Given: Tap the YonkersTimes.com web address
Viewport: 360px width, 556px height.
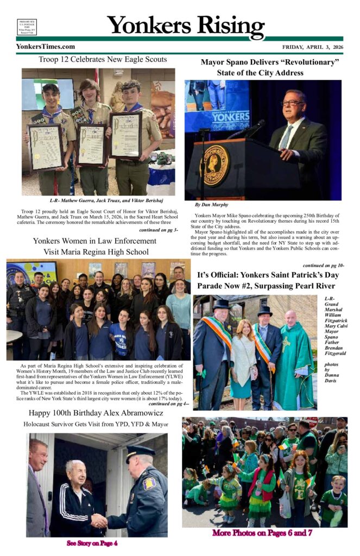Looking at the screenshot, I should coord(46,47).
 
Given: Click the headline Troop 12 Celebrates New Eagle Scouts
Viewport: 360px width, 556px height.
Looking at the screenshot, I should coord(103,59).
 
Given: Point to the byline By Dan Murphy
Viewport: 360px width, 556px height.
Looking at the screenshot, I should coord(212,205).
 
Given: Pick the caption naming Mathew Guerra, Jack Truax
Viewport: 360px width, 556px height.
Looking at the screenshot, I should coord(103,200).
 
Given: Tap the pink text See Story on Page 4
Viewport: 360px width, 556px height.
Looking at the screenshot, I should coord(92,543).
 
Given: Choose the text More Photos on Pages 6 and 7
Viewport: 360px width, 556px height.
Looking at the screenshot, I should coord(262,533).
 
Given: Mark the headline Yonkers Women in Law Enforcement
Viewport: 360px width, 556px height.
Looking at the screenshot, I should coord(94,241).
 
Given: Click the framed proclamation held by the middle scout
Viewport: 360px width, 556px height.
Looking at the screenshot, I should coord(91,143).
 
